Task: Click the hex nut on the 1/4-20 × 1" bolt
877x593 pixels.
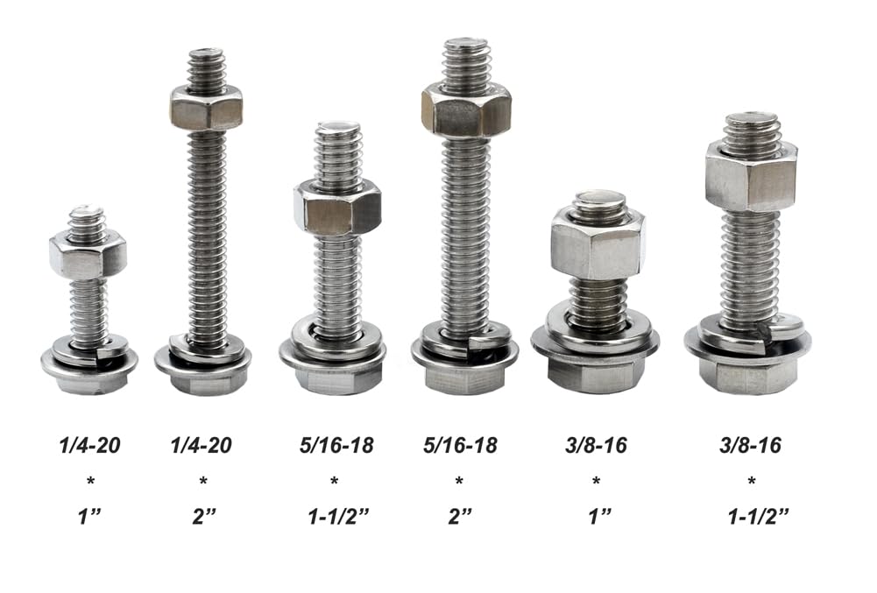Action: (88, 255)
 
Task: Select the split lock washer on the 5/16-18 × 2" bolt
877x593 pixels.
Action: (465, 337)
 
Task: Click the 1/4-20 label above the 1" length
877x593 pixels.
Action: (89, 446)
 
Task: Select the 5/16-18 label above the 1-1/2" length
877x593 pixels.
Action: (336, 446)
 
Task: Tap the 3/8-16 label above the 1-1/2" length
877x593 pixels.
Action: (751, 446)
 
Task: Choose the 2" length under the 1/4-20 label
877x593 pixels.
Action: (204, 516)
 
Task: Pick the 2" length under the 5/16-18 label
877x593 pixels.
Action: (460, 516)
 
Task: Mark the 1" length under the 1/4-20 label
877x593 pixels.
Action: (89, 516)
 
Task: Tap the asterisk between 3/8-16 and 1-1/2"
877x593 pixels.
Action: (751, 482)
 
